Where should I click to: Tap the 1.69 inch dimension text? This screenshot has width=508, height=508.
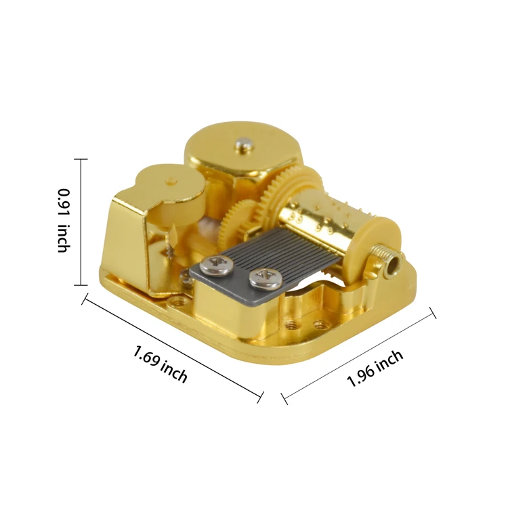click(161, 364)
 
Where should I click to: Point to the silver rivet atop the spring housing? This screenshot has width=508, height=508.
click(242, 143)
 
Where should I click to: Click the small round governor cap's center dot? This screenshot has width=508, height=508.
click(171, 181)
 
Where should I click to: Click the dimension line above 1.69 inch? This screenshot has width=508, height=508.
click(173, 347)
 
